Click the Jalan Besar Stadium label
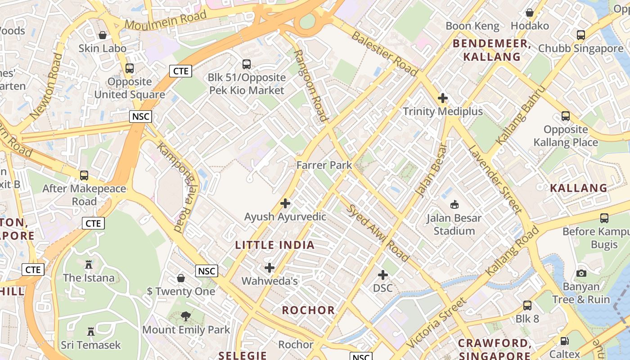(454, 225)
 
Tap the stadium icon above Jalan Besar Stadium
(454, 205)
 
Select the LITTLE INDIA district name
(275, 245)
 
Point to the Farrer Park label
(324, 165)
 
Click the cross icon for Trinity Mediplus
(443, 98)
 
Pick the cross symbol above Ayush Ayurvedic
(285, 203)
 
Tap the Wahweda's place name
(270, 281)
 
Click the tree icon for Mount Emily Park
(185, 317)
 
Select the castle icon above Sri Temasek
(91, 332)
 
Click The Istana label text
(89, 278)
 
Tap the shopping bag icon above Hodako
(530, 13)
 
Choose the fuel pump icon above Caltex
(564, 341)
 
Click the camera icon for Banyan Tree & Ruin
(581, 273)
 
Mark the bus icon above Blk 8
(527, 306)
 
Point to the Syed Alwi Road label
(378, 233)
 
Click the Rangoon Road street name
(310, 85)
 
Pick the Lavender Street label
(495, 179)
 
